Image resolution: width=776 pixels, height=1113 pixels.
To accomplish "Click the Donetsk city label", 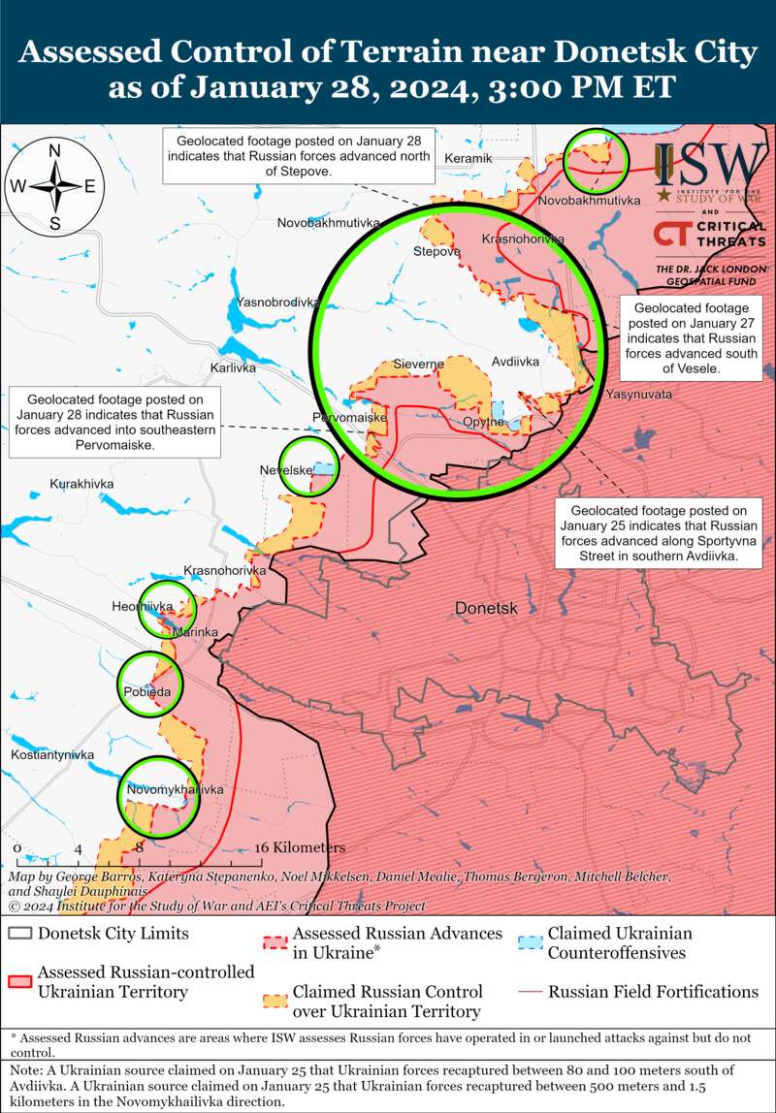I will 487,609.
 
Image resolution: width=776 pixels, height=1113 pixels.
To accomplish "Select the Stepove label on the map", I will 436,252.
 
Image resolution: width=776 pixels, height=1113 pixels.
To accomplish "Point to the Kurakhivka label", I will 82,483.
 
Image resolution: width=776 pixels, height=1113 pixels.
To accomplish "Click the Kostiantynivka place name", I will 52,754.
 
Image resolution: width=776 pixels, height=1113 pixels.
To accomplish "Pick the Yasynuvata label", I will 638,395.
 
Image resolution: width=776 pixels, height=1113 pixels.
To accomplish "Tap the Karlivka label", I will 233,368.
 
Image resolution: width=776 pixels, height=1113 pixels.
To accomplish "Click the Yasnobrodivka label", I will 277,302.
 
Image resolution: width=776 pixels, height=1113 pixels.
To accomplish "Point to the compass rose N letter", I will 55,150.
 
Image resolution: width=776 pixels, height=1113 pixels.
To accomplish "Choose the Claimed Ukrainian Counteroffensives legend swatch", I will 530,943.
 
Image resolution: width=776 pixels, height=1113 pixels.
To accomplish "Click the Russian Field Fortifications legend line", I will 530,992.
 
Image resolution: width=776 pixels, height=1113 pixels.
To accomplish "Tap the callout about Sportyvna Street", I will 658,533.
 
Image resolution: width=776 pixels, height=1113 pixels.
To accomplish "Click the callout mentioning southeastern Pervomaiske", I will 114,422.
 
